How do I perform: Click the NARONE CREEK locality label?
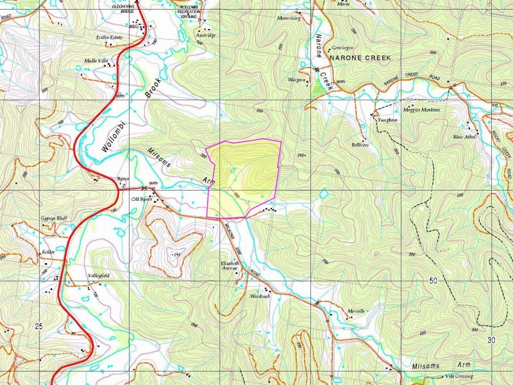(x=359, y=58)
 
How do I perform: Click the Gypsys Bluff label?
(x=36, y=218)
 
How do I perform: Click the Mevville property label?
(x=356, y=311)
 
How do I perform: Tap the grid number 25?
(x=39, y=327)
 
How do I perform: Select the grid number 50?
(x=433, y=281)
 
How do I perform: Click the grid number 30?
(x=491, y=339)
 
